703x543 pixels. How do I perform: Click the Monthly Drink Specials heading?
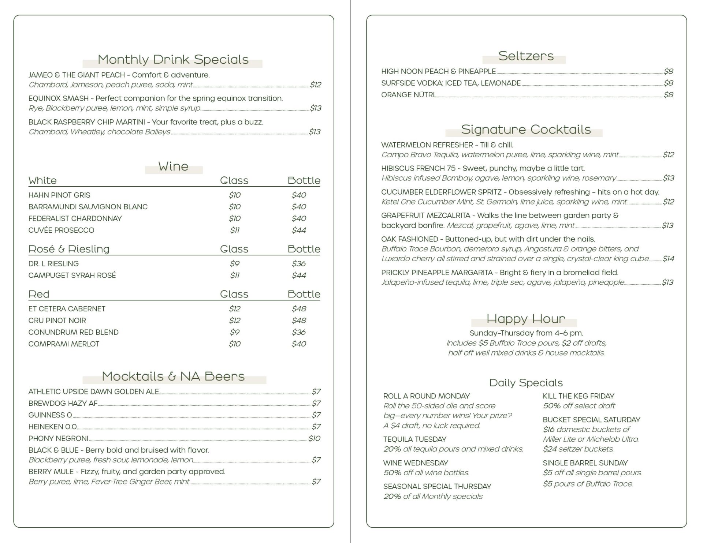pos(173,60)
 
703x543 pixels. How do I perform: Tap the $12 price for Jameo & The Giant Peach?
pos(315,85)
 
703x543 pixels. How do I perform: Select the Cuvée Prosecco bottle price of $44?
pos(299,230)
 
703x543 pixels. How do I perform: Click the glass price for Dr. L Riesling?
pos(234,263)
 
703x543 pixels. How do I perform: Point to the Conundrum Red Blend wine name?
pos(73,332)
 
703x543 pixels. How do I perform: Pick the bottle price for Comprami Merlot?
pos(299,344)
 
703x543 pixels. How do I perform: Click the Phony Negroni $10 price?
pos(314,438)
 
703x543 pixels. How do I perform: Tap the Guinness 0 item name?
pos(50,415)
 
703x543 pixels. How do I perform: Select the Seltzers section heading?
pos(526,56)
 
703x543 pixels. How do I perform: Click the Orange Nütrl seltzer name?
pos(409,95)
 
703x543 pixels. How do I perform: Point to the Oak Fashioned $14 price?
pos(668,259)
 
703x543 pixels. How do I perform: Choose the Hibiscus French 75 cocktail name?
pos(418,168)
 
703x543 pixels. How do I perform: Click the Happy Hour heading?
pos(526,319)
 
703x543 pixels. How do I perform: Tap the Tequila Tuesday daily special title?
pos(414,439)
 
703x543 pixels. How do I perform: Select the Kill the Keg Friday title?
pos(578,396)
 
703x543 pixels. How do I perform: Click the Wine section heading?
pos(173,166)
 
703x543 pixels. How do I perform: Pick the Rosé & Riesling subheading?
pos(69,249)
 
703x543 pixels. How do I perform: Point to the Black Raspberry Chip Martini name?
pos(87,122)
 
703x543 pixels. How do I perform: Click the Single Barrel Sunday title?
pos(585,463)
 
